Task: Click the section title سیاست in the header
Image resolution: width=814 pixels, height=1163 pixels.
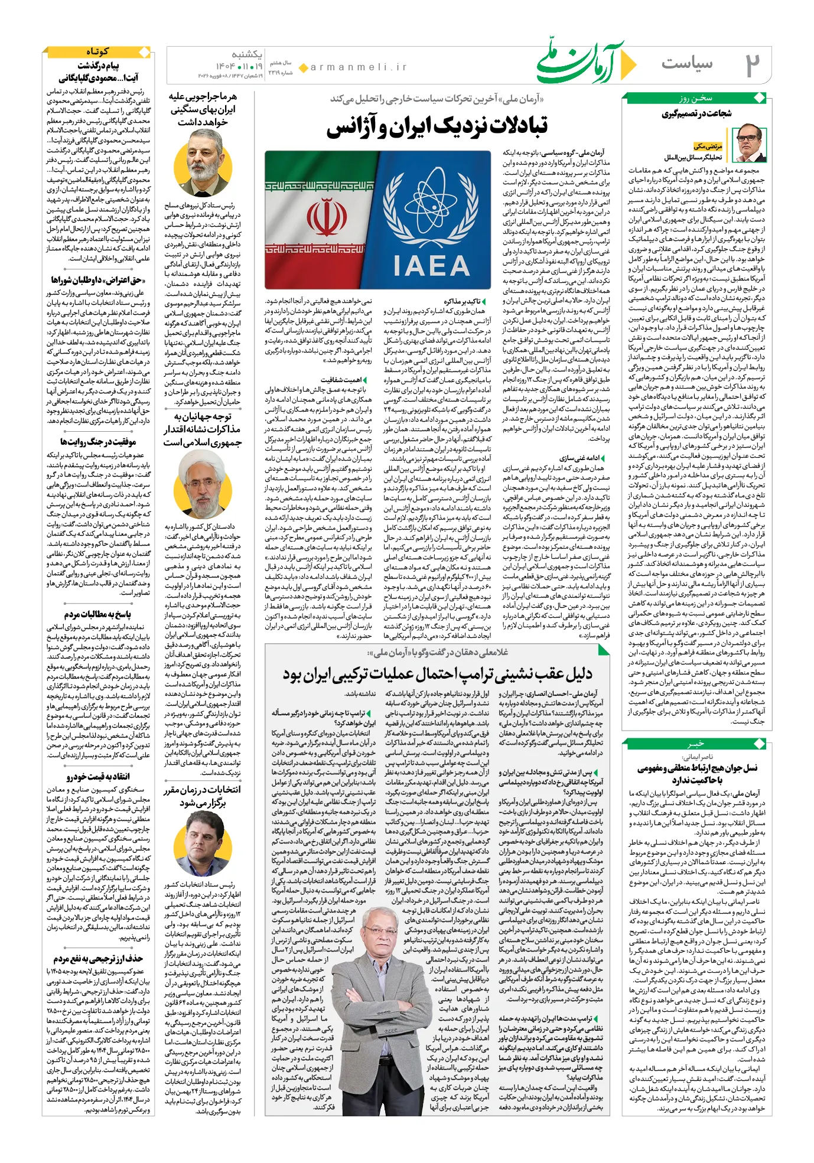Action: coord(687,63)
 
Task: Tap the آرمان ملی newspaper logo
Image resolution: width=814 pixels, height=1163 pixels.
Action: coord(582,61)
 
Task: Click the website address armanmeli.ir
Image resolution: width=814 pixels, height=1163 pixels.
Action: coord(359,67)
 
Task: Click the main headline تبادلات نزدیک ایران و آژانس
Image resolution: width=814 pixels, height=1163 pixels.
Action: coord(437,126)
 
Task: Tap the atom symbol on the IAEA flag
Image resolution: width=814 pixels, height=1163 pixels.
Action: coord(431,204)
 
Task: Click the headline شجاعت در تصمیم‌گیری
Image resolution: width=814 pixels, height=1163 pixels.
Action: coord(697,113)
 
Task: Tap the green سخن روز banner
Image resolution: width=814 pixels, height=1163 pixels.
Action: coord(696,98)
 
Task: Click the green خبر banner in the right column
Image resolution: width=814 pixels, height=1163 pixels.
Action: coord(696,743)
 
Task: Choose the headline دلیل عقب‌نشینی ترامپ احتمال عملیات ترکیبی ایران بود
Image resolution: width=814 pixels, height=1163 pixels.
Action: coord(437,674)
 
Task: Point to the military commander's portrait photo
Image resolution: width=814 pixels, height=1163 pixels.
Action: coord(203,164)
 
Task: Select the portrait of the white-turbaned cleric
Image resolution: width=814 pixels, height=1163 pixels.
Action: coord(203,484)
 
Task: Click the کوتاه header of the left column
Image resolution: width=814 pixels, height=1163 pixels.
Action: coord(97,52)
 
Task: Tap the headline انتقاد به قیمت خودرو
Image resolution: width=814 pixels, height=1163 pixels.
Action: coord(98,776)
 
